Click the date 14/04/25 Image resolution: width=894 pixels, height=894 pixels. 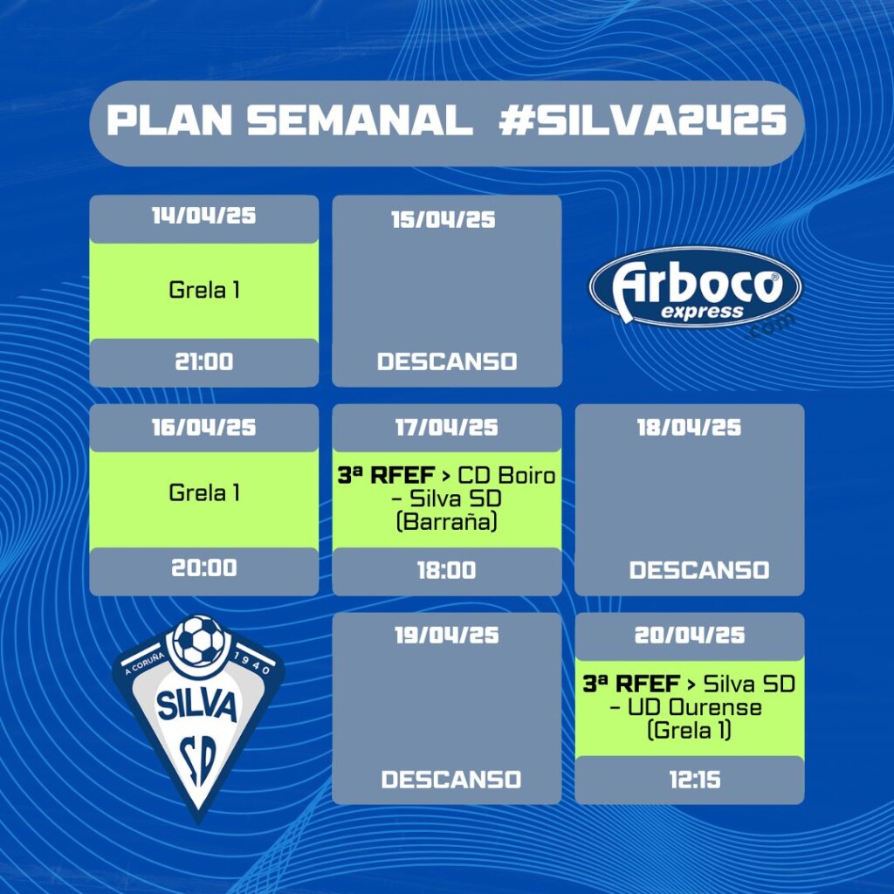pyautogui.click(x=203, y=216)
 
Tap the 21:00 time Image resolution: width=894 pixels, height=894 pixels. pyautogui.click(x=203, y=361)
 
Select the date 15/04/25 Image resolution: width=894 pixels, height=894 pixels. pyautogui.click(x=443, y=219)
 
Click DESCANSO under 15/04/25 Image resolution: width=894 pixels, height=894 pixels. pyautogui.click(x=447, y=361)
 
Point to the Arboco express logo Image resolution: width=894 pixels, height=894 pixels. pyautogui.click(x=695, y=287)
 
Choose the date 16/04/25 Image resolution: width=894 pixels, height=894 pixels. pyautogui.click(x=203, y=428)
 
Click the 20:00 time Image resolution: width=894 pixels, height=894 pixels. pyautogui.click(x=203, y=567)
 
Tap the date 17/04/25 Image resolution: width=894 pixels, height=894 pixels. pyautogui.click(x=446, y=428)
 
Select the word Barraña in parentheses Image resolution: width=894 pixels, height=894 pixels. pyautogui.click(x=446, y=522)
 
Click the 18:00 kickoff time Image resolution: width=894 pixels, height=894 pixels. pyautogui.click(x=446, y=570)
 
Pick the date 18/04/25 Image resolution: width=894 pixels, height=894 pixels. pyautogui.click(x=690, y=428)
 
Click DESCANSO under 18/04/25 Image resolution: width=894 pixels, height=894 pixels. pyautogui.click(x=699, y=570)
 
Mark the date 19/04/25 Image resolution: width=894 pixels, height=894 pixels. pyautogui.click(x=446, y=636)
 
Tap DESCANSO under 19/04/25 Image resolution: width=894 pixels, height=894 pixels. pyautogui.click(x=451, y=780)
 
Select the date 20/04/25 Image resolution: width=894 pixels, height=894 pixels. pyautogui.click(x=690, y=636)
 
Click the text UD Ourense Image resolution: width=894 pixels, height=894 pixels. pyautogui.click(x=694, y=707)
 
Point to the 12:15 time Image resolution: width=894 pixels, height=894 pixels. pyautogui.click(x=695, y=780)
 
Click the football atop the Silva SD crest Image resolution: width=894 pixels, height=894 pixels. pyautogui.click(x=199, y=640)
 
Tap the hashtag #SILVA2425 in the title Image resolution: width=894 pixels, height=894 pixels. pyautogui.click(x=643, y=120)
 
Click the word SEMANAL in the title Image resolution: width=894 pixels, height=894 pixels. pyautogui.click(x=361, y=120)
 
